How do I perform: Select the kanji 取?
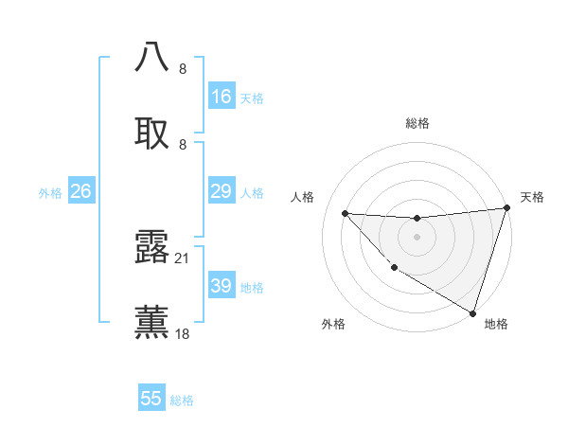click(x=152, y=133)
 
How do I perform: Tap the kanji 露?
click(x=152, y=247)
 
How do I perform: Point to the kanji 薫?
click(x=152, y=321)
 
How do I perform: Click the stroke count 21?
click(x=183, y=258)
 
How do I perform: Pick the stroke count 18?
click(x=183, y=333)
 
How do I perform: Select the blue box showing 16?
click(x=222, y=97)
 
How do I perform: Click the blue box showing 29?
click(x=222, y=192)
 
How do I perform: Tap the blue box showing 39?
click(x=222, y=286)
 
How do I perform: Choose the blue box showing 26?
click(x=80, y=192)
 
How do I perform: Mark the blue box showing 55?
click(x=151, y=399)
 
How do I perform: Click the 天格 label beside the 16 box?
click(x=252, y=98)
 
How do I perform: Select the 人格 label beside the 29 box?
click(x=252, y=193)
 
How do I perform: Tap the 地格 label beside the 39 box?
click(x=252, y=287)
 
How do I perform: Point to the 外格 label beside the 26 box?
click(x=50, y=193)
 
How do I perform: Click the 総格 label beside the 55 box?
click(x=182, y=400)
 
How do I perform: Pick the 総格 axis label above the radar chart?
click(x=417, y=123)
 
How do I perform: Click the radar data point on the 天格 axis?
click(x=506, y=209)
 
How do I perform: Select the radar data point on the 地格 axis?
click(x=472, y=312)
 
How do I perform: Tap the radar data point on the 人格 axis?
click(x=345, y=213)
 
